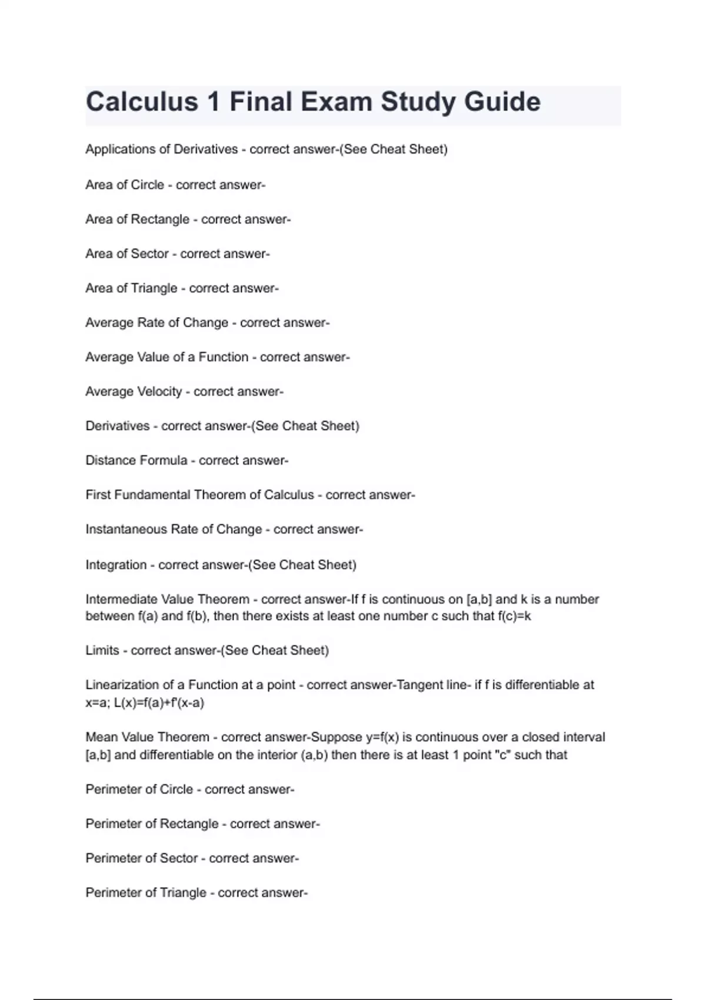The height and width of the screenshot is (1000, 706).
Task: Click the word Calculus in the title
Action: click(142, 102)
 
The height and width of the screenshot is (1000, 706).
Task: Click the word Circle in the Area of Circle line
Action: click(148, 185)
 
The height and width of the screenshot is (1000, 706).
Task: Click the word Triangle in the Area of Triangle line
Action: click(154, 288)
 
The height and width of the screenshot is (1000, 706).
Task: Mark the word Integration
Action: click(116, 565)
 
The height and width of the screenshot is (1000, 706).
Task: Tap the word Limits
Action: click(102, 651)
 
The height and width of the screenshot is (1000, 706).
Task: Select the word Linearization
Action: click(122, 685)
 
